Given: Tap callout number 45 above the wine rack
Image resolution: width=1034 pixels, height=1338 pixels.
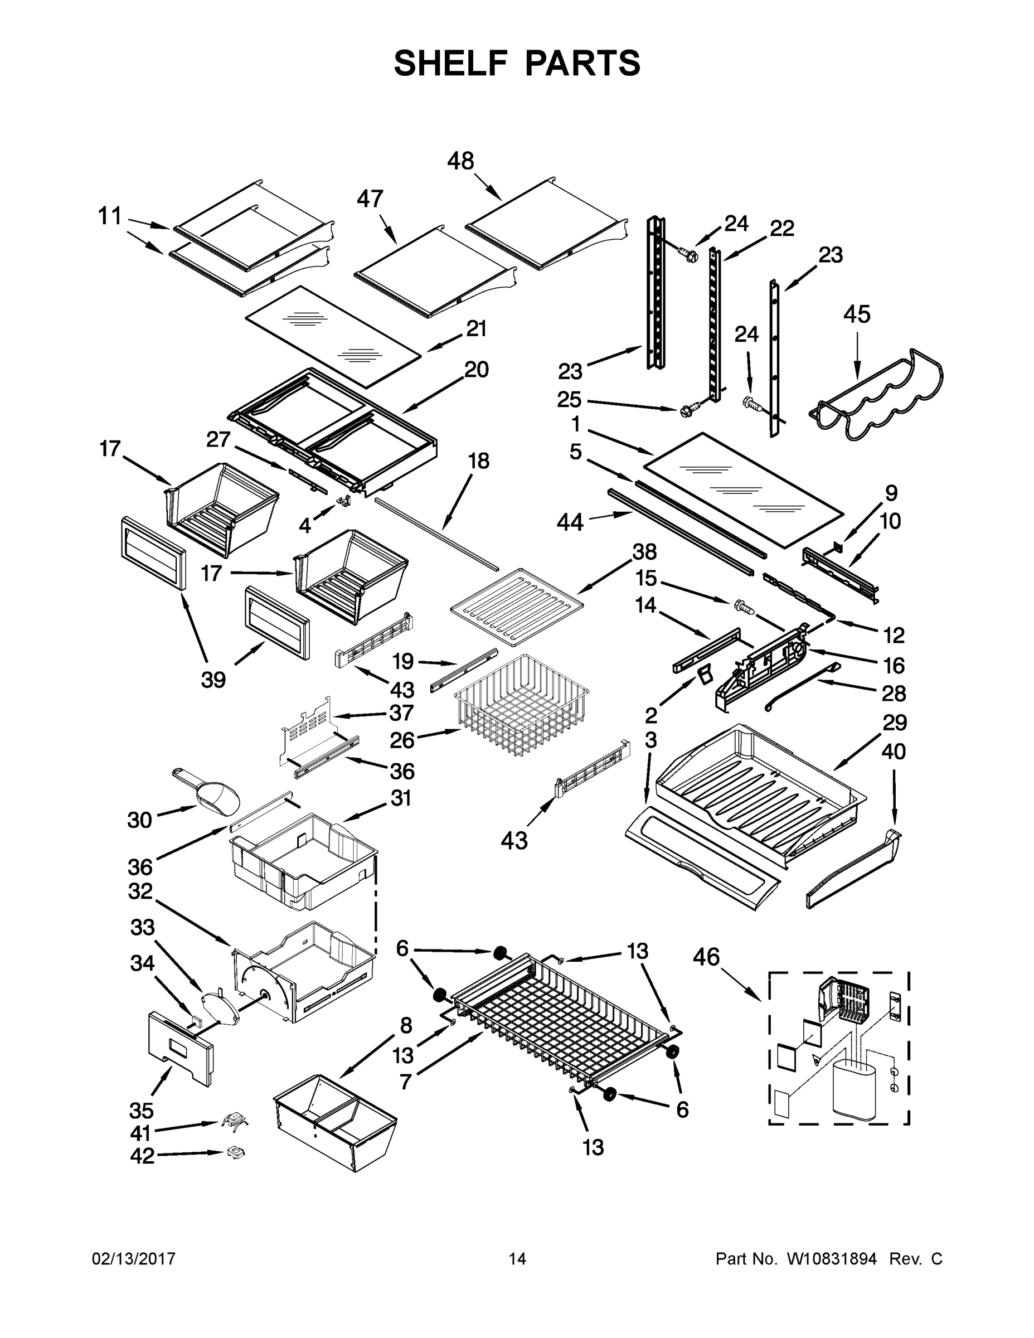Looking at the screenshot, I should [x=856, y=314].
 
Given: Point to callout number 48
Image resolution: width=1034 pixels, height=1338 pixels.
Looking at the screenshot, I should [x=460, y=161].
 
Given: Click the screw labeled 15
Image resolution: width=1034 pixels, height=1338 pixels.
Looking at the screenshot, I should [x=742, y=607].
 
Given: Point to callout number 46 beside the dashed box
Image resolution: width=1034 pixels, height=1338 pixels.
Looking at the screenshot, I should [x=706, y=956].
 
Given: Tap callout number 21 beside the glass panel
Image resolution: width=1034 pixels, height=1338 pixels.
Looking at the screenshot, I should [x=476, y=329].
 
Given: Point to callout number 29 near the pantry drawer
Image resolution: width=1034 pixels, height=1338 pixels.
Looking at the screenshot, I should [x=894, y=723].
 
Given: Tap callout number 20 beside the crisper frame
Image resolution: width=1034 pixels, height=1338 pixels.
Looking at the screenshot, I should [x=476, y=370].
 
